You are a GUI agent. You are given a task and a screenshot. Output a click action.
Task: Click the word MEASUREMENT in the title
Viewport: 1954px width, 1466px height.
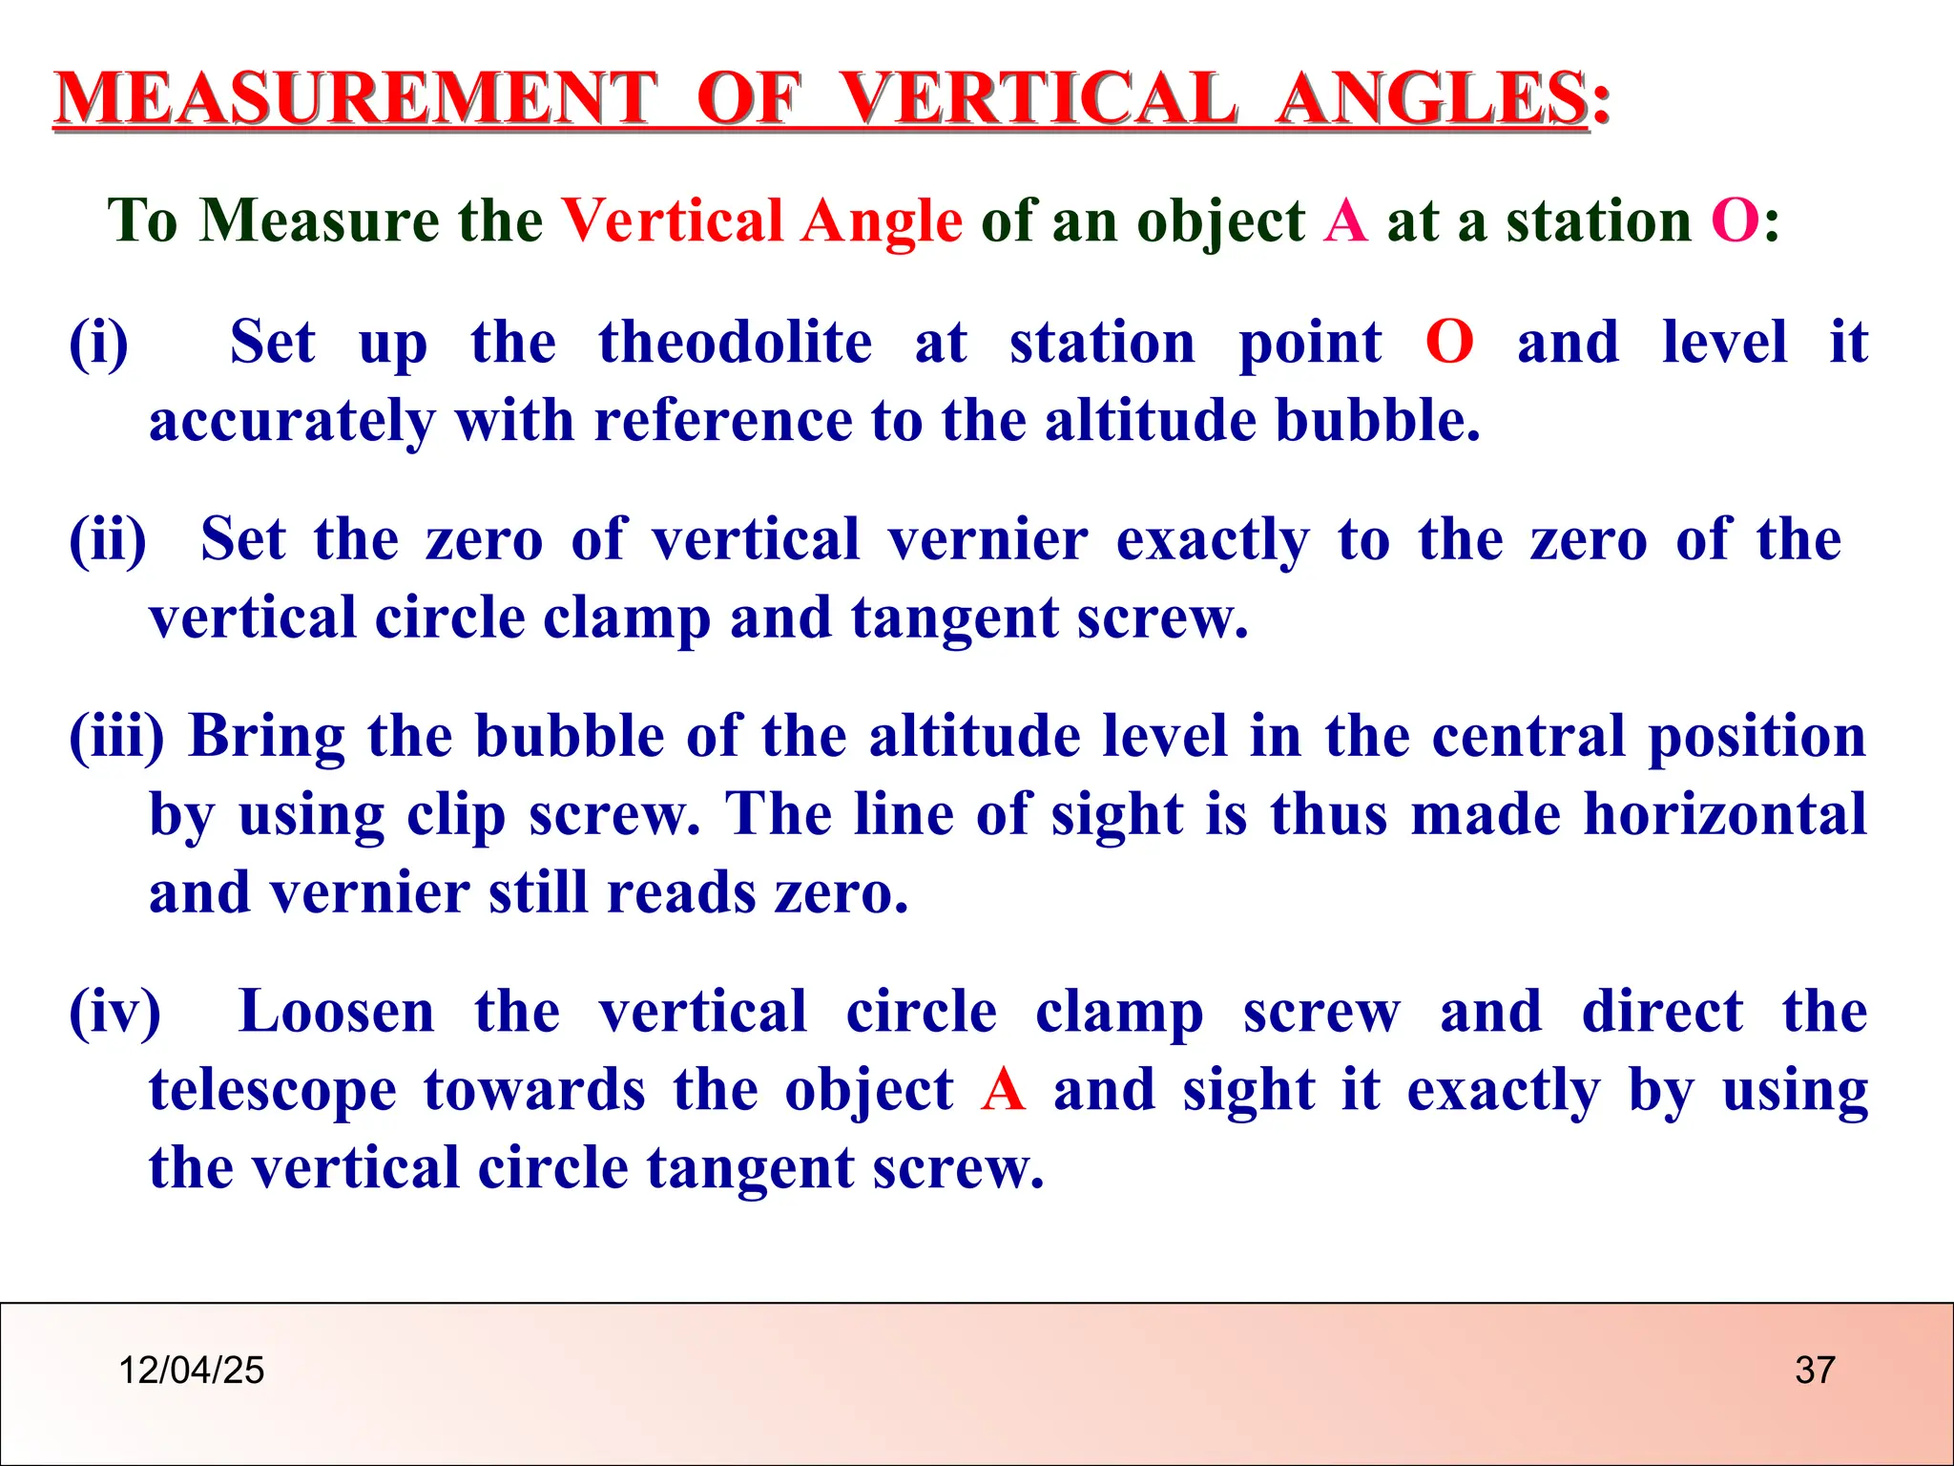pyautogui.click(x=355, y=98)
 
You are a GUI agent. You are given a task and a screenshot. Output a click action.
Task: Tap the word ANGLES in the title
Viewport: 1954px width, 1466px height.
pyautogui.click(x=1431, y=98)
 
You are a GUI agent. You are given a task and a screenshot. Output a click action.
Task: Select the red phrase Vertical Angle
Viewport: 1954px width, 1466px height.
pyautogui.click(x=761, y=221)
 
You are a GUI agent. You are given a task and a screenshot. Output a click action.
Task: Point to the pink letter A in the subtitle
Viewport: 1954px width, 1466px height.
pyautogui.click(x=1345, y=221)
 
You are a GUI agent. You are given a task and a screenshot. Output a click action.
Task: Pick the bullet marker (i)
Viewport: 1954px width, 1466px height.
pyautogui.click(x=98, y=343)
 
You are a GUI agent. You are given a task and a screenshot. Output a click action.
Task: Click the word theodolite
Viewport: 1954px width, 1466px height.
pyautogui.click(x=735, y=343)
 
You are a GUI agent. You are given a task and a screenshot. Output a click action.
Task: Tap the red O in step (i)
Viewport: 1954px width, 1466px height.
pyautogui.click(x=1449, y=343)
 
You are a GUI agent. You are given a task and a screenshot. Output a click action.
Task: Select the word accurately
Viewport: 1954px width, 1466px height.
pyautogui.click(x=291, y=421)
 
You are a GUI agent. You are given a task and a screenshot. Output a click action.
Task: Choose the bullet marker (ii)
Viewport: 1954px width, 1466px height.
pyautogui.click(x=108, y=539)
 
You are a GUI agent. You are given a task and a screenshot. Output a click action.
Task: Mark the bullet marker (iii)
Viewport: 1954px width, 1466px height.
pyautogui.click(x=116, y=737)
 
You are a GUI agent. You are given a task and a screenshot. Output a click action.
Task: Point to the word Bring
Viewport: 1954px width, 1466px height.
pyautogui.click(x=267, y=737)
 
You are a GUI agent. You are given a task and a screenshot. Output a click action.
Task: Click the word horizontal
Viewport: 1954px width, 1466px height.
pyautogui.click(x=1725, y=814)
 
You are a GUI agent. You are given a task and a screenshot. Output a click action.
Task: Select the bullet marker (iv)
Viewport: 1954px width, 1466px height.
pyautogui.click(x=114, y=1012)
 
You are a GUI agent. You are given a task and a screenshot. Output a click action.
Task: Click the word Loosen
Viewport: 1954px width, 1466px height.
pyautogui.click(x=336, y=1012)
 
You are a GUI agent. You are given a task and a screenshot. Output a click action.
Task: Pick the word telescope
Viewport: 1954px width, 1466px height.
pyautogui.click(x=273, y=1090)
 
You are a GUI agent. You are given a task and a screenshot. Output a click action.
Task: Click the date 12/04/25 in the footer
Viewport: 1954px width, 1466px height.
pyautogui.click(x=191, y=1371)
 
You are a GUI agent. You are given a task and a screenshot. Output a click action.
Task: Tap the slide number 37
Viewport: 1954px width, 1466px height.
pyautogui.click(x=1815, y=1371)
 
